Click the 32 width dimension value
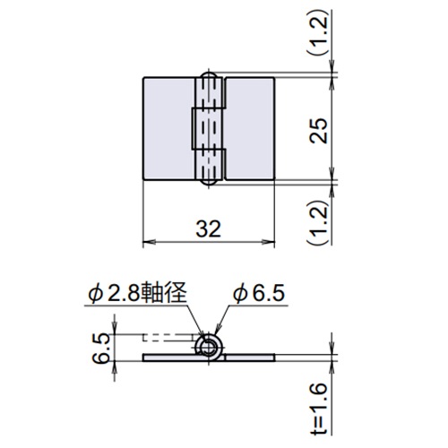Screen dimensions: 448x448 pyautogui.click(x=209, y=228)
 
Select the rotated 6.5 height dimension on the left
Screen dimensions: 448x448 pyautogui.click(x=100, y=346)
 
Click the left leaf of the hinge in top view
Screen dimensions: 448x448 pyautogui.click(x=168, y=129)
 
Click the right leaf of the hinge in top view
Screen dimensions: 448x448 pyautogui.click(x=250, y=129)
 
